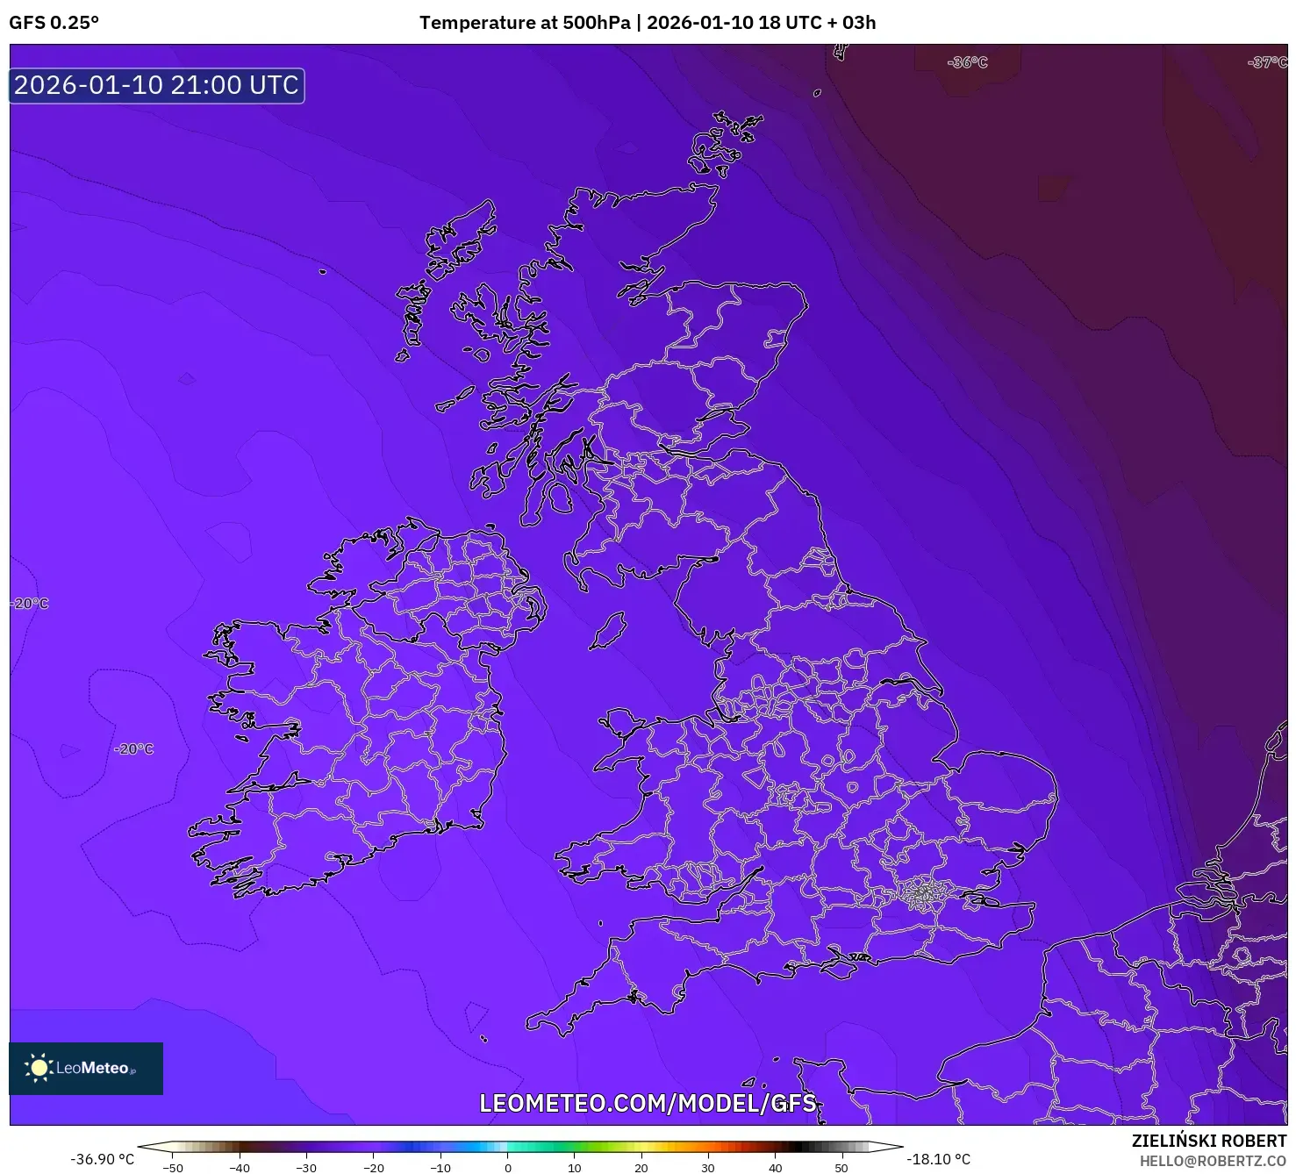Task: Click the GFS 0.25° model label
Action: [54, 23]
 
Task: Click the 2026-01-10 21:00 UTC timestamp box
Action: [156, 85]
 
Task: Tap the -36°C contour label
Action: [967, 62]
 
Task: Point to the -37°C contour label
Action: [1267, 62]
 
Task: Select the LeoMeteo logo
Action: [85, 1068]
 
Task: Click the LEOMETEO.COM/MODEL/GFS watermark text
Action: [648, 1103]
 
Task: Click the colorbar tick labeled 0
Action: [507, 1167]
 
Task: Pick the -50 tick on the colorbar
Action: [173, 1167]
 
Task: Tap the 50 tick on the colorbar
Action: [841, 1167]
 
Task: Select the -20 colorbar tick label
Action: [374, 1167]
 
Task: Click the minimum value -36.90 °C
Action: [102, 1159]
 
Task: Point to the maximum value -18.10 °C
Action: [939, 1159]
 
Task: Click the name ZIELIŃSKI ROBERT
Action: [1208, 1141]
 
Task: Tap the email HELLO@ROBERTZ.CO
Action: [1213, 1161]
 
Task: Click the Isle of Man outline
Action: [607, 632]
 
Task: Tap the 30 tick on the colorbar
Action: [708, 1167]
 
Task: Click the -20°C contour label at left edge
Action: [30, 604]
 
